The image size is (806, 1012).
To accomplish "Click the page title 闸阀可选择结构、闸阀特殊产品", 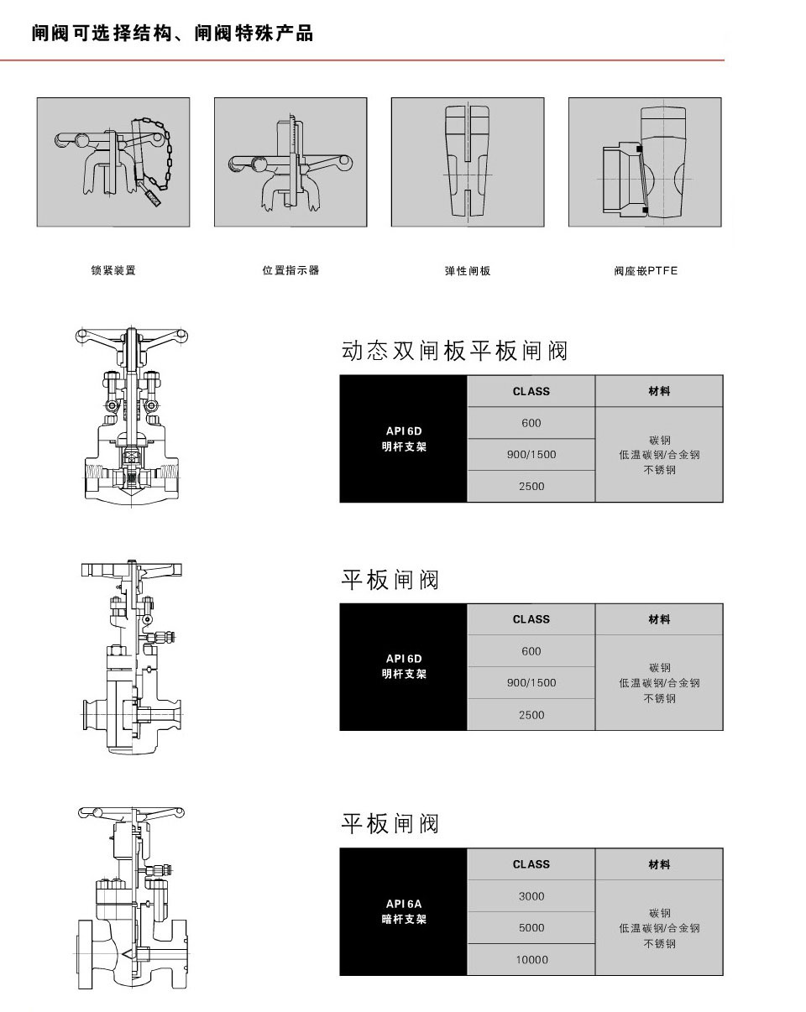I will point(172,34).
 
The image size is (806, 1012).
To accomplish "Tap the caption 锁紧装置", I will point(113,271).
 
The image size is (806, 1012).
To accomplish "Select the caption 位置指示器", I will point(290,271).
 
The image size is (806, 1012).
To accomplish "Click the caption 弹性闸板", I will point(468,271).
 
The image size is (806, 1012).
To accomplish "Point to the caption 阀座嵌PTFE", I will point(645,271).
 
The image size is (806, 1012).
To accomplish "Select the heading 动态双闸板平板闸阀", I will point(455,351).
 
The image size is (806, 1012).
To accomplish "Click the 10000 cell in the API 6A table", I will point(531,960).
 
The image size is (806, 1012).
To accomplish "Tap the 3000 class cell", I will point(531,896).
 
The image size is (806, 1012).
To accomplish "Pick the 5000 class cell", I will point(531,928).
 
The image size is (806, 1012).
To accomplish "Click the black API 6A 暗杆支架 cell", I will point(404,911).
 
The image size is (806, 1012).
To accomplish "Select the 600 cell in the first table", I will point(531,423).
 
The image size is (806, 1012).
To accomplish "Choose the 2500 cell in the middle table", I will point(531,715).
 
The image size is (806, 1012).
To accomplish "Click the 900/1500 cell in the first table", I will point(531,455).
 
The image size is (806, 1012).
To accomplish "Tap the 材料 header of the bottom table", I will point(659,864).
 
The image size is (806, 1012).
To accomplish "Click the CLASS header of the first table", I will point(531,391).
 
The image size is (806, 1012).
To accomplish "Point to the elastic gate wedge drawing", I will point(468,162).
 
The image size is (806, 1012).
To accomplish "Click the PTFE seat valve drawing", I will point(645,162).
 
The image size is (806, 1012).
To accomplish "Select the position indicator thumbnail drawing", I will point(290,162).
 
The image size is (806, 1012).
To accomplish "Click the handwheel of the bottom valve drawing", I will point(131,812).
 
